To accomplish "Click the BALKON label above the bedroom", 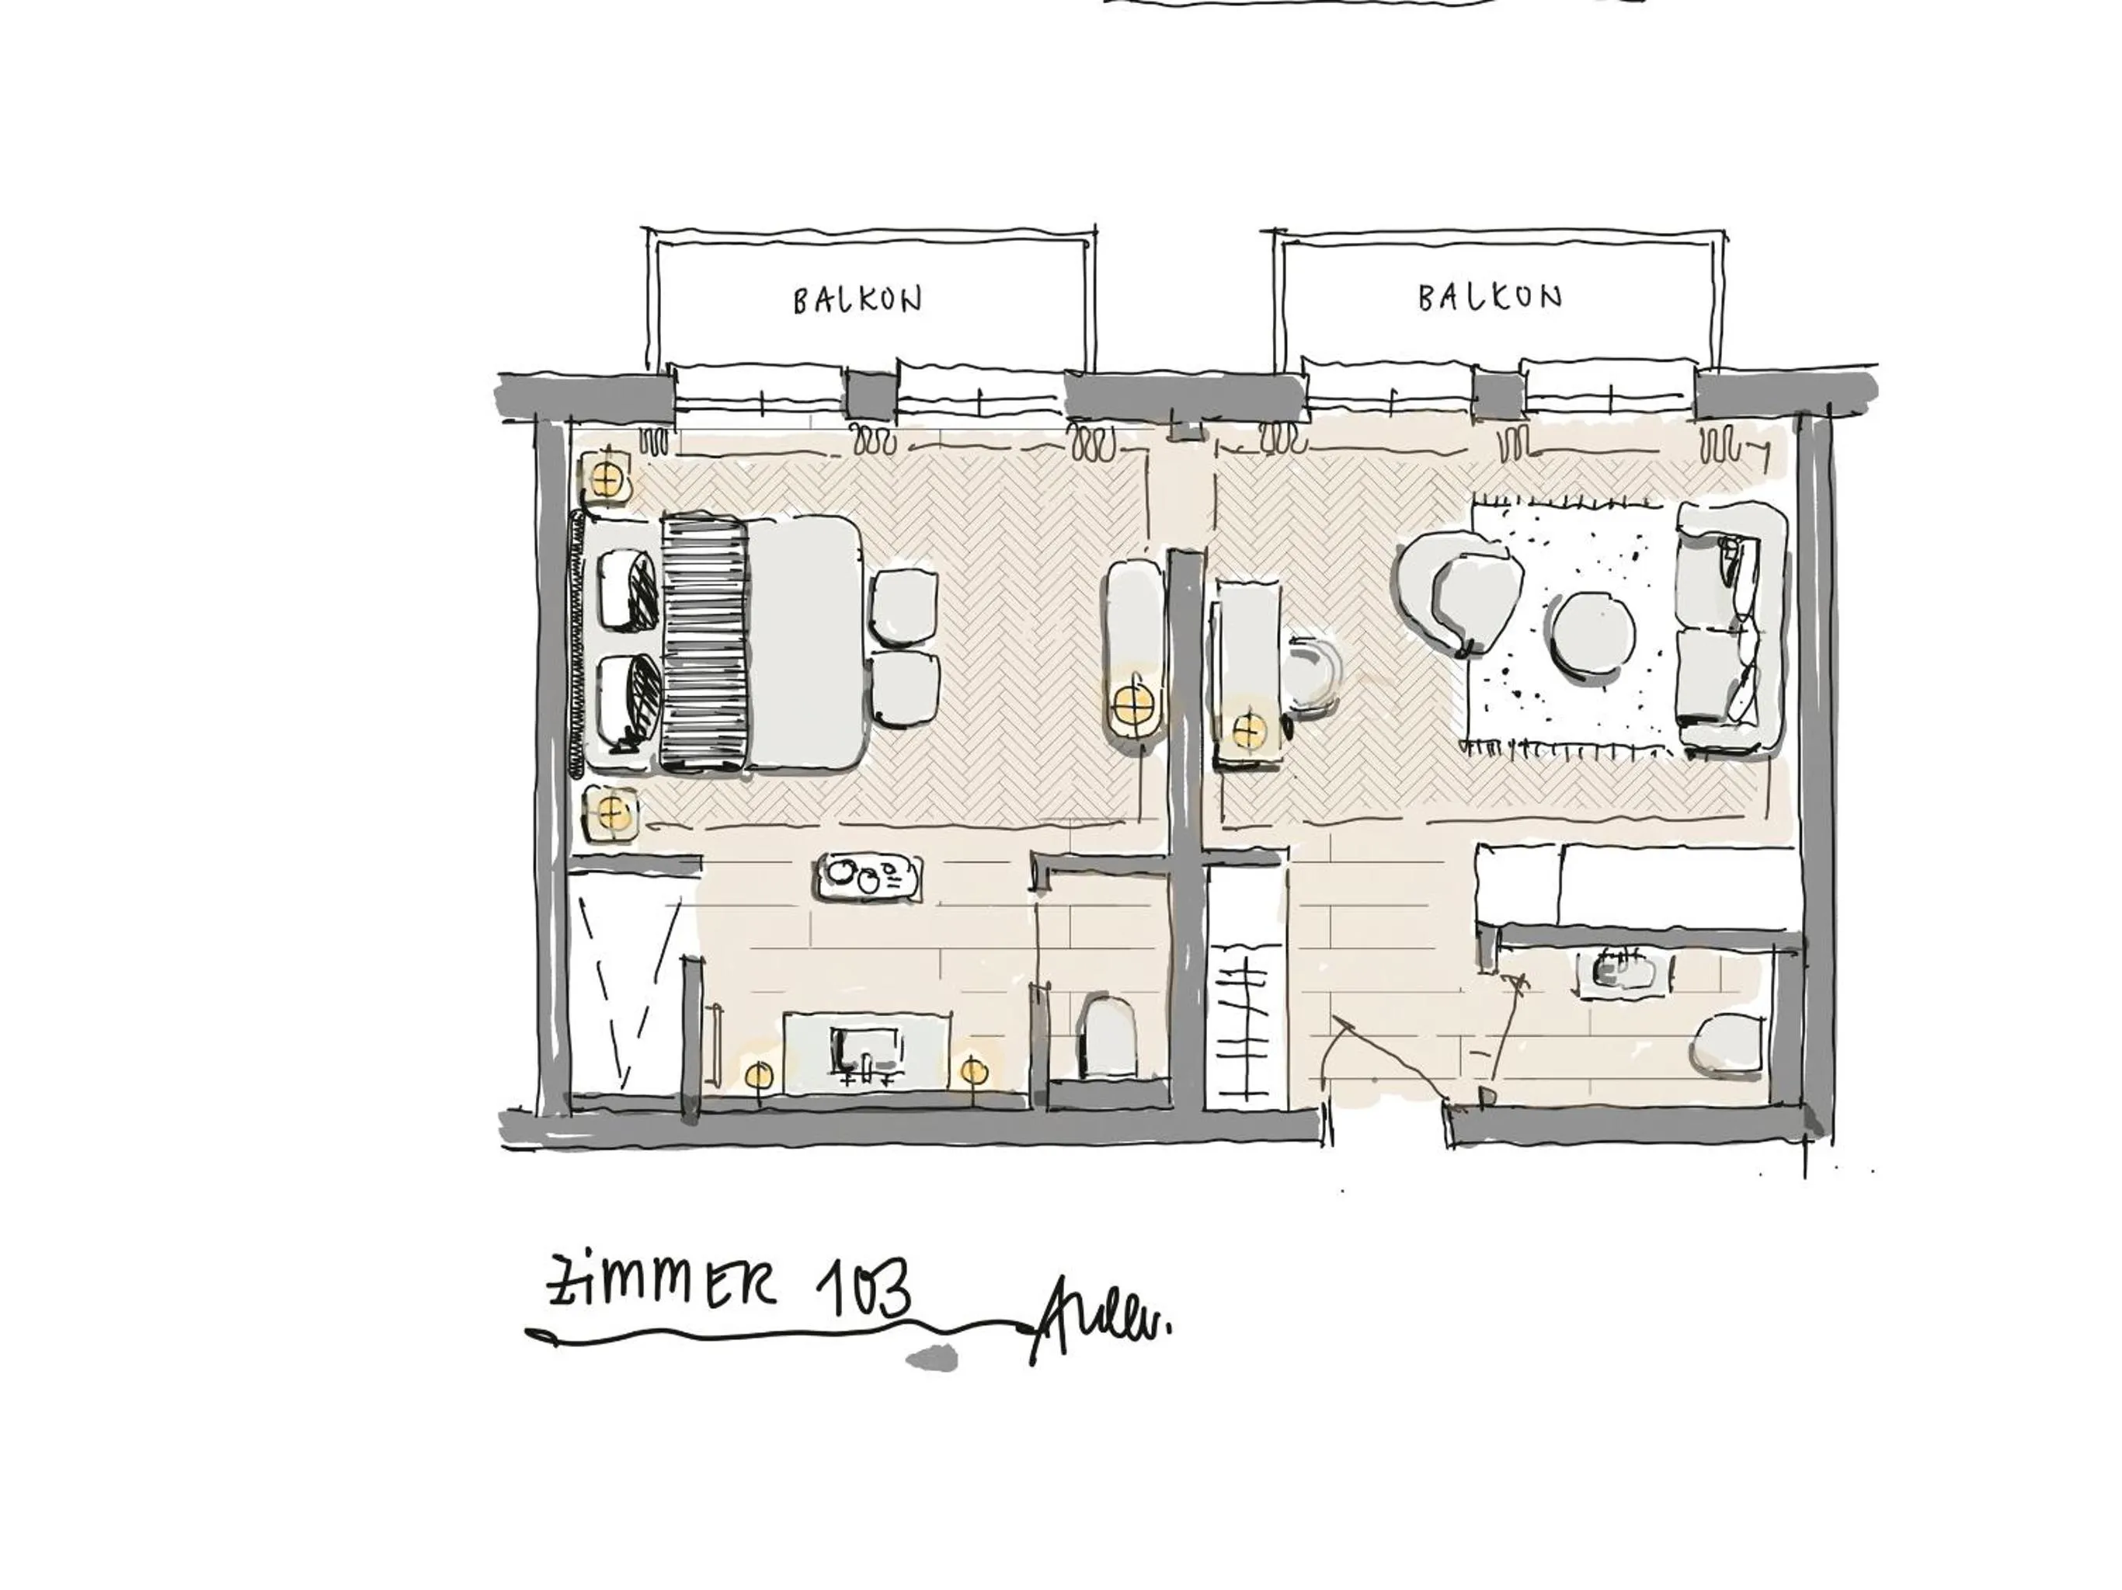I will [x=857, y=301].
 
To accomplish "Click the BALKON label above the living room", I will [x=1490, y=297].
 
